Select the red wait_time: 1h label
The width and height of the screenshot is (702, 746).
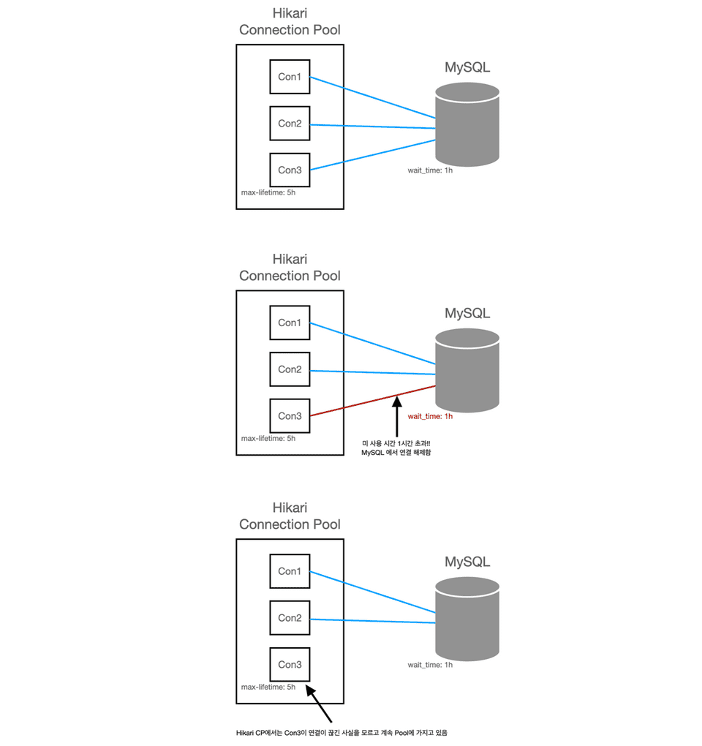430,416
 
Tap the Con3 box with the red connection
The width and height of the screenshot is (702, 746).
290,416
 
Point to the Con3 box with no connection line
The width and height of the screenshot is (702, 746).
290,665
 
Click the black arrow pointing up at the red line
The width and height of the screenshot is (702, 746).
396,417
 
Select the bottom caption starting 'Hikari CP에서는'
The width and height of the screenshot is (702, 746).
341,732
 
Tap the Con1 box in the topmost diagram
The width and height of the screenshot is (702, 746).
290,77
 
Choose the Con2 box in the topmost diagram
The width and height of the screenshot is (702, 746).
290,124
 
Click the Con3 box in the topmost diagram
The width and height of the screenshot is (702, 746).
290,170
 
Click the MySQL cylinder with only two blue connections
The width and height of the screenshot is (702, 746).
467,617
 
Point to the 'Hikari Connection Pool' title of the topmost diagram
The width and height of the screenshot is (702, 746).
290,22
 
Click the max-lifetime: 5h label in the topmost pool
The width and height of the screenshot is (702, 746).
268,193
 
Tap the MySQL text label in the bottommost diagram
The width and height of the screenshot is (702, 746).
467,562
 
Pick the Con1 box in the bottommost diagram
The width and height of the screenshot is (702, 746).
290,571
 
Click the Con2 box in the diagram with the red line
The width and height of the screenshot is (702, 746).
290,369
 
